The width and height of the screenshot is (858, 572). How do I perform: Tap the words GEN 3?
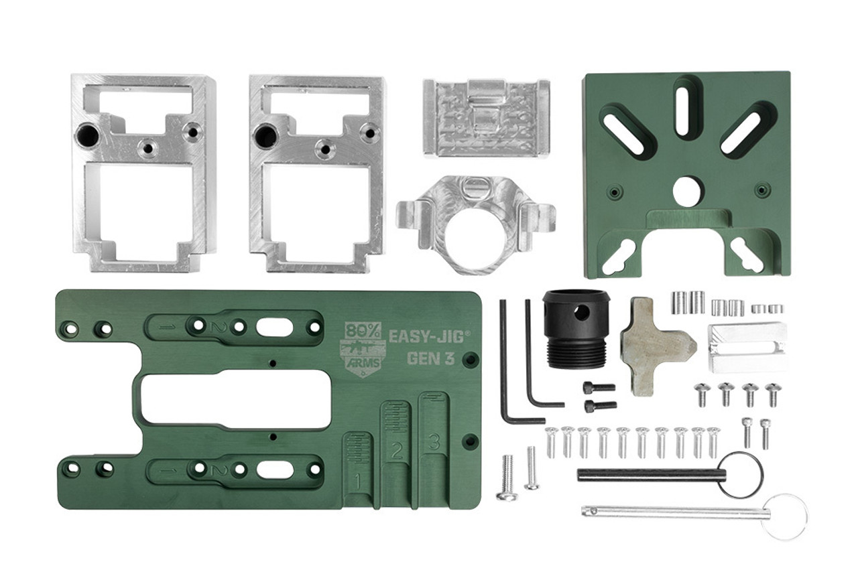(x=431, y=358)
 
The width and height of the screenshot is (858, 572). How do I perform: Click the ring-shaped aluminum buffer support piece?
(x=475, y=224)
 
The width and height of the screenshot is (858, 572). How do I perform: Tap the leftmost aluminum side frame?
(x=143, y=172)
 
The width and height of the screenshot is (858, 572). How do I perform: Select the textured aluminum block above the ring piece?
(x=486, y=117)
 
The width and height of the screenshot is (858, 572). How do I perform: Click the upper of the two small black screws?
(x=599, y=387)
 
